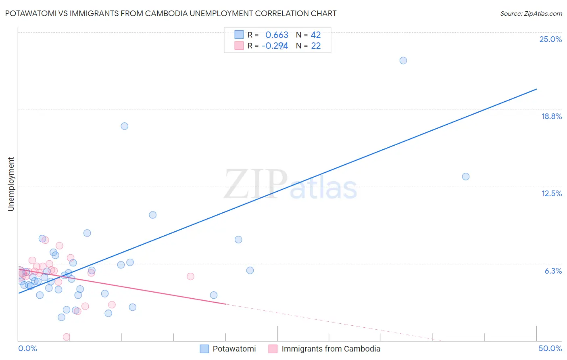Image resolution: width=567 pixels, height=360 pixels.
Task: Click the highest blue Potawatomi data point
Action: [403, 61]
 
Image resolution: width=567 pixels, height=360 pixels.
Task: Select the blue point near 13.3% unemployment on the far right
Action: [465, 176]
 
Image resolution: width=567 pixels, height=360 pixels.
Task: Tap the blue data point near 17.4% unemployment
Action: [125, 126]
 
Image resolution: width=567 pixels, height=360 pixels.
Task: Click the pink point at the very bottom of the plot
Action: [67, 337]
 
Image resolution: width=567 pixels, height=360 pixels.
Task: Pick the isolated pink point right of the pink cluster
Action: [190, 276]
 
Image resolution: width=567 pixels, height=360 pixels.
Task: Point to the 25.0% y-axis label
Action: [550, 39]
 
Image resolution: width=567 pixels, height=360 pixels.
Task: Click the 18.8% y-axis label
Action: [551, 116]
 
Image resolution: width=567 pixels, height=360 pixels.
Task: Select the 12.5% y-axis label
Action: [551, 193]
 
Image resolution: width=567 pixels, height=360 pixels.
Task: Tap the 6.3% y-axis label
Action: [553, 271]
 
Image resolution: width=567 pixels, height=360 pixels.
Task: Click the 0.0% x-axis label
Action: [27, 348]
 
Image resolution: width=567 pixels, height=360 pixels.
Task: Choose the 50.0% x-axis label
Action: [550, 348]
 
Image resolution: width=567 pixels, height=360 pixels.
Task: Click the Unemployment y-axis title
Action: [11, 184]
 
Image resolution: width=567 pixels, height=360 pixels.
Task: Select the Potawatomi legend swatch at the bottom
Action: [204, 349]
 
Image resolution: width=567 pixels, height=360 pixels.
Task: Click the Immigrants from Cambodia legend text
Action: [331, 349]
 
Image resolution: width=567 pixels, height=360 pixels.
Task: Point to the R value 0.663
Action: [277, 35]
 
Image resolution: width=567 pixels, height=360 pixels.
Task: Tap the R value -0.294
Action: [275, 46]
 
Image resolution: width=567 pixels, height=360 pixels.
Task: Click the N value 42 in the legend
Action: [316, 35]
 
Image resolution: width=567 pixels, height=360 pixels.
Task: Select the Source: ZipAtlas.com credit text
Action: [531, 14]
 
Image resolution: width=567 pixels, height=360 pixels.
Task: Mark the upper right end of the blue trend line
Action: [536, 89]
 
